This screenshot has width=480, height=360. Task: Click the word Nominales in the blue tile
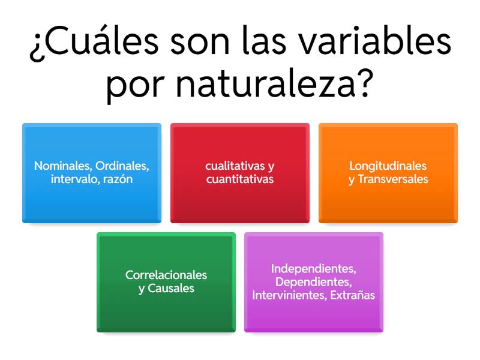(58, 166)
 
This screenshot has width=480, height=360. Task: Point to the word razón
(118, 179)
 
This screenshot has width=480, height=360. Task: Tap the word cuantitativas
(240, 179)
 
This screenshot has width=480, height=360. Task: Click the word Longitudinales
(388, 166)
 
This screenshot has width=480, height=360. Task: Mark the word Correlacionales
(166, 275)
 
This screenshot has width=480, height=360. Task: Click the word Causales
(171, 288)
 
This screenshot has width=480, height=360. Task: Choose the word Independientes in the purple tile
(314, 268)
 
